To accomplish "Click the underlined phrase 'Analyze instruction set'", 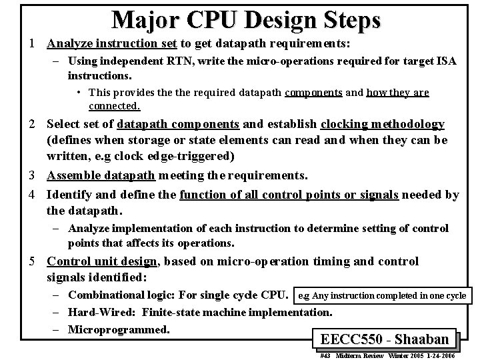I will click(111, 44).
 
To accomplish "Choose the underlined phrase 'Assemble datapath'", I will click(101, 175).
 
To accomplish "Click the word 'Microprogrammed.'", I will click(119, 329).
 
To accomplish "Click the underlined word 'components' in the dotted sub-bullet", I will click(313, 92).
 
